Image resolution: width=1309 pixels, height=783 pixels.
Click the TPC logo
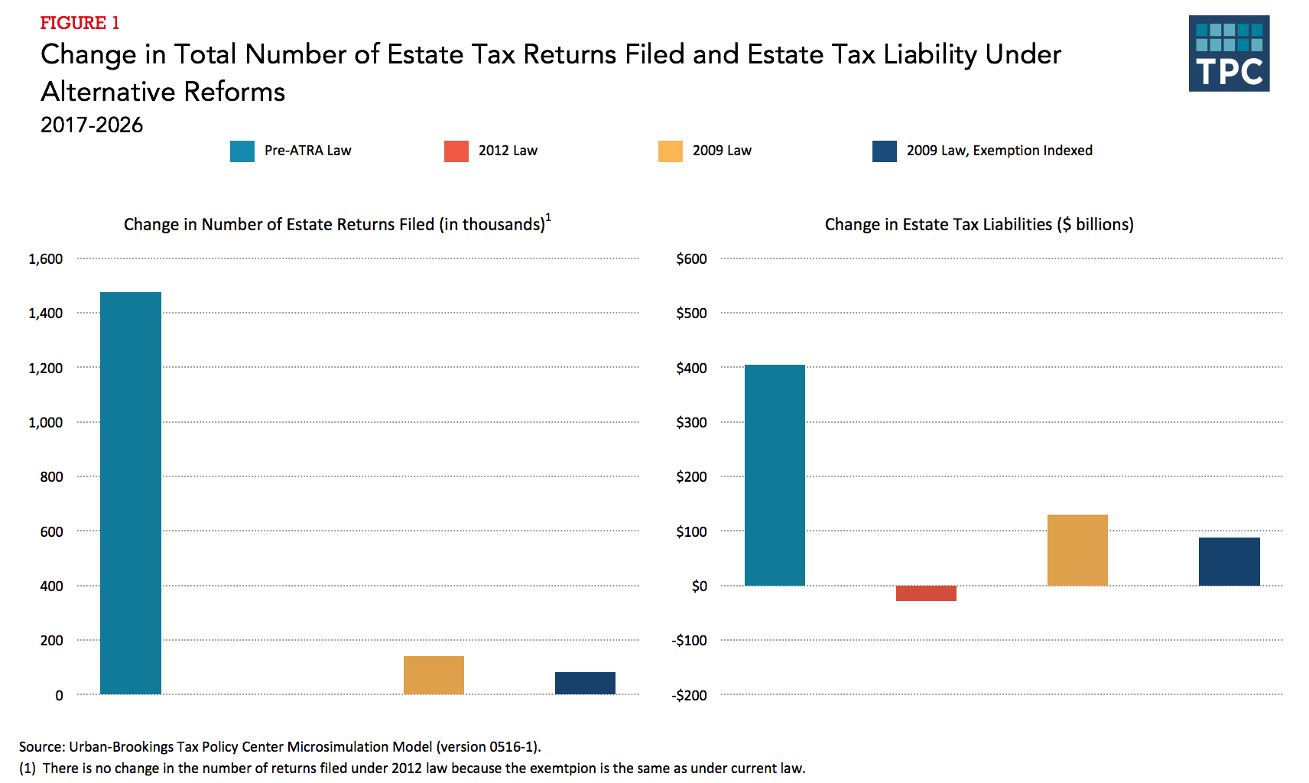(x=1229, y=54)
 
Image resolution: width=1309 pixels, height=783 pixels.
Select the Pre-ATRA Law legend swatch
(x=242, y=151)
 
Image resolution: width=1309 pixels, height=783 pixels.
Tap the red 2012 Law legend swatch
(x=456, y=151)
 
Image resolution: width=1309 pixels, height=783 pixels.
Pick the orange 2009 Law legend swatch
(x=671, y=151)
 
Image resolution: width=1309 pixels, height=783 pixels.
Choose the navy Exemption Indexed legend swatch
(x=885, y=151)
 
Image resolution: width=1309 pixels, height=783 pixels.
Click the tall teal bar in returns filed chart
(x=131, y=493)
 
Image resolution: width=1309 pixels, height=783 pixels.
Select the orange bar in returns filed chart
(x=434, y=675)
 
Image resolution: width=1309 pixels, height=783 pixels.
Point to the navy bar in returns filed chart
(x=585, y=683)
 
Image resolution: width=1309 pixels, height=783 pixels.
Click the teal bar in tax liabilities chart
(x=775, y=475)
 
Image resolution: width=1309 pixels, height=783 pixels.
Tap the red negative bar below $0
(x=926, y=593)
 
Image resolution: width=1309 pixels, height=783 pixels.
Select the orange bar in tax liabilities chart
(x=1077, y=550)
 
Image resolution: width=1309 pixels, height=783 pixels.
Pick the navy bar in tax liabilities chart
(x=1229, y=561)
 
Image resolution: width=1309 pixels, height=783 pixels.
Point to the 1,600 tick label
(x=46, y=259)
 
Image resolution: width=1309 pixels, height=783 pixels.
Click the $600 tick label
(x=691, y=259)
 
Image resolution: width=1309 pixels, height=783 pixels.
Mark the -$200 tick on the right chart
(x=689, y=695)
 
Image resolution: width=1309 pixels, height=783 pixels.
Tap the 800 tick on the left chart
(x=51, y=477)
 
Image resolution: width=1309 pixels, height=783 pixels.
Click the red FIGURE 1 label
(x=80, y=23)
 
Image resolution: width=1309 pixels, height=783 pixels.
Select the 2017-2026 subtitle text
(x=92, y=125)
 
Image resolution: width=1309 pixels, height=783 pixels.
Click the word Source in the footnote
(x=41, y=746)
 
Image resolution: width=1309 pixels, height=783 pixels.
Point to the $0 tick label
(x=699, y=586)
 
